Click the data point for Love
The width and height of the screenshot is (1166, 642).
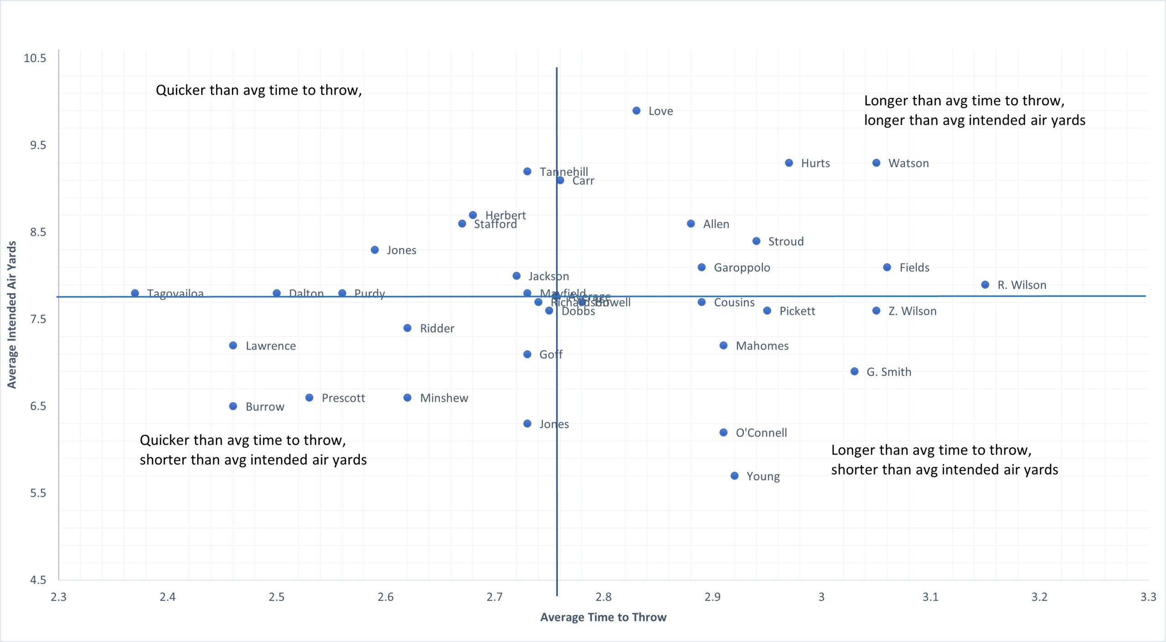coord(636,111)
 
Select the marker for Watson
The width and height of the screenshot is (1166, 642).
coord(876,163)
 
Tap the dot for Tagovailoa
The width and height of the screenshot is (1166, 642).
coord(135,293)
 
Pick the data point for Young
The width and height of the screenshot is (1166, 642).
coord(734,476)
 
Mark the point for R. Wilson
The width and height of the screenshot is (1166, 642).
coord(985,285)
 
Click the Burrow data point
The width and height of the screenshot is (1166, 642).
coord(233,406)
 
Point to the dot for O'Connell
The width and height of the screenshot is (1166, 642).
coord(723,433)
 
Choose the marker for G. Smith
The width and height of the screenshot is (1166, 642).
coord(854,372)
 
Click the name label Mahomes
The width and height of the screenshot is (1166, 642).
coord(762,346)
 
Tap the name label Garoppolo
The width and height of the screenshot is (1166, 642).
coord(742,268)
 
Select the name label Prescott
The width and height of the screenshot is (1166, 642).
coord(343,398)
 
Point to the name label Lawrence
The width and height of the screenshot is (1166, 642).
coord(271,346)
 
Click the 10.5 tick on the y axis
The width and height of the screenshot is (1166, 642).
coord(35,58)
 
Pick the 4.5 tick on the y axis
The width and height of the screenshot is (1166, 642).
coord(38,580)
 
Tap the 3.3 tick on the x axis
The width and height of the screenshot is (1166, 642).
coord(1148,597)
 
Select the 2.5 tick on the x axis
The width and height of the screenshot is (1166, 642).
coord(276,597)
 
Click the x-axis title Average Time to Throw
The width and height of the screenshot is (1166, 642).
coord(603,617)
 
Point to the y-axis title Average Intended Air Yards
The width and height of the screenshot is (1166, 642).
coord(12,315)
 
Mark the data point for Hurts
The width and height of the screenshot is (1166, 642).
coord(789,163)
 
